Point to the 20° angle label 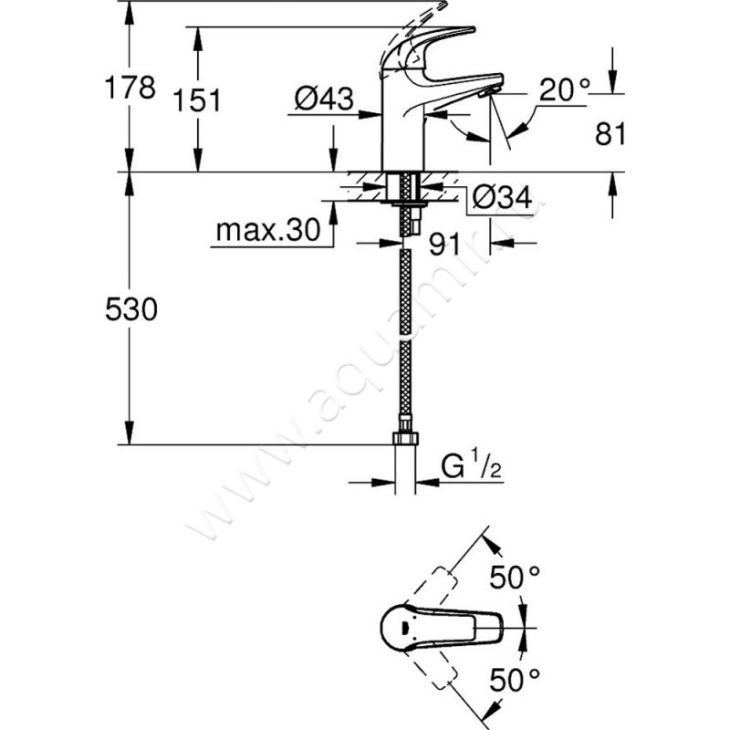tap(564, 89)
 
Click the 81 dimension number tap(609, 134)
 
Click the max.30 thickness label tap(269, 231)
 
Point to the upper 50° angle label tap(516, 577)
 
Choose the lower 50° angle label tap(516, 680)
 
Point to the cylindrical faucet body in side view tap(402, 137)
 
